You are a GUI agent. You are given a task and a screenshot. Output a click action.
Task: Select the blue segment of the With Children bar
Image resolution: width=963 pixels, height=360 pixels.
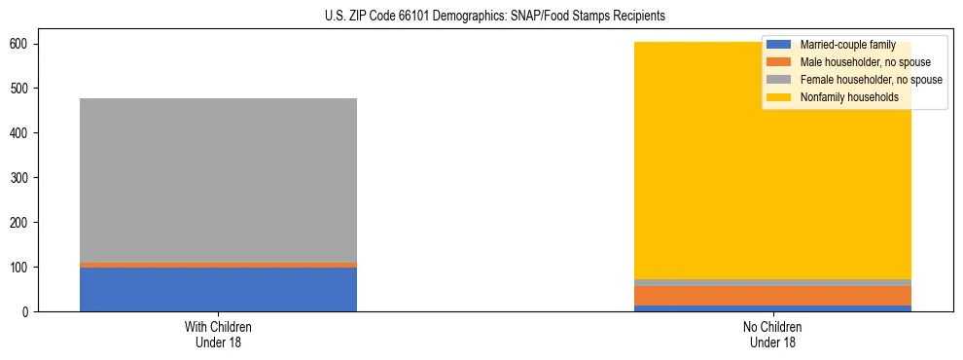coord(218,289)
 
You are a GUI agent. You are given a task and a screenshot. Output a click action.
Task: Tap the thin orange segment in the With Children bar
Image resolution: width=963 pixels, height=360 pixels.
coord(218,265)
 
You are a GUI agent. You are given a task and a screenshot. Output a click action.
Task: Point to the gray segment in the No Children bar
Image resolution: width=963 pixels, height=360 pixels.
coord(772,282)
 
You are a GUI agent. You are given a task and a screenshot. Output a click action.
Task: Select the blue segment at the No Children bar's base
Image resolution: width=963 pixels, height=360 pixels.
coord(772,308)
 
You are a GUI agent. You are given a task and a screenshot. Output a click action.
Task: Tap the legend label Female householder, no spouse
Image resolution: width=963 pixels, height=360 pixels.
coord(871,80)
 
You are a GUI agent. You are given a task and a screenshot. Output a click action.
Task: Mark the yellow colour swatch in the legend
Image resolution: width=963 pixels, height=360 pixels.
coord(779,97)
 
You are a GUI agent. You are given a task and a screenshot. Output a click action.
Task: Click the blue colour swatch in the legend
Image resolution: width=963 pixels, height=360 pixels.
coord(779,45)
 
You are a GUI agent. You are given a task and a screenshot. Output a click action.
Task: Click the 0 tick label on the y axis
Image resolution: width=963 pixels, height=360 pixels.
coord(24,312)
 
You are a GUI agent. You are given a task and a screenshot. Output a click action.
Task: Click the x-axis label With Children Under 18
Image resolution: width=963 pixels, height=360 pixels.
coord(218,334)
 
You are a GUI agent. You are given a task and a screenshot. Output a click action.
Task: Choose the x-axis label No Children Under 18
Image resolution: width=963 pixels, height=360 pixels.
coord(772,334)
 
